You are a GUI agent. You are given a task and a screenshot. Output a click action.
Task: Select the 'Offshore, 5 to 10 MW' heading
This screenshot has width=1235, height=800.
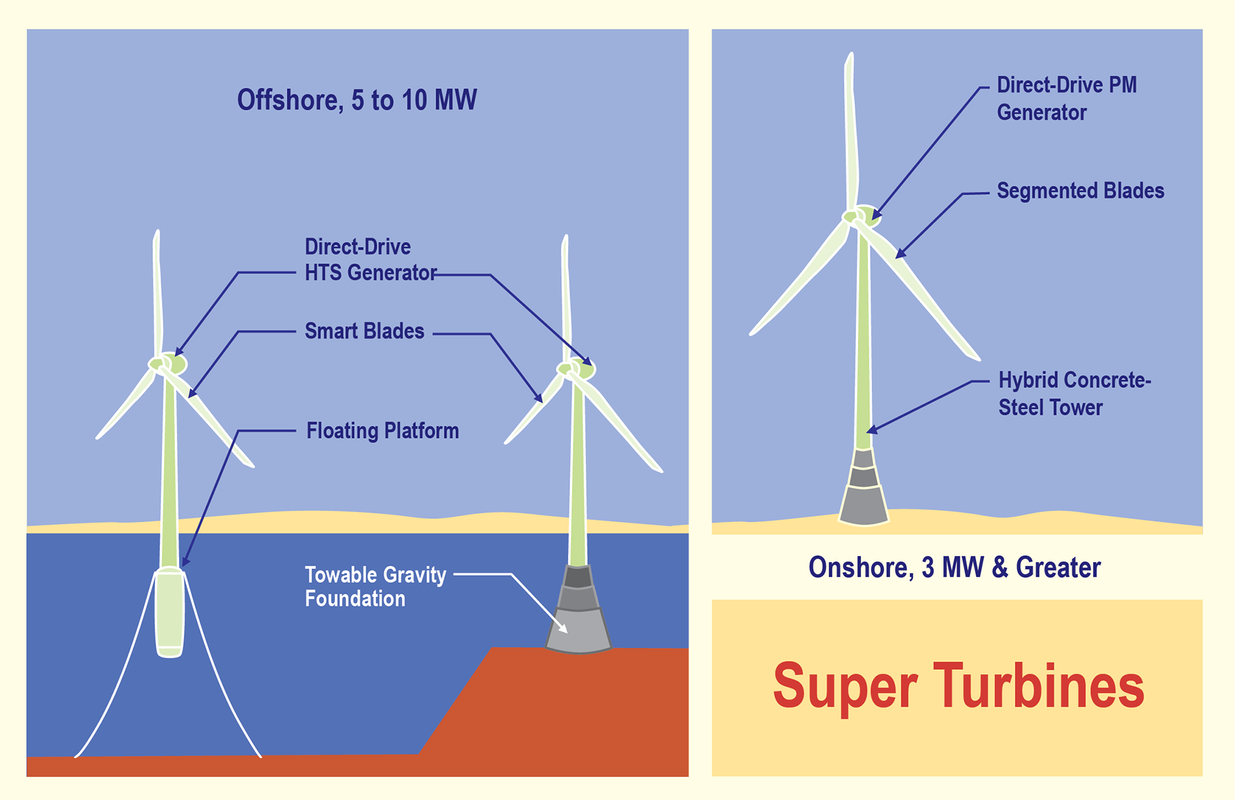pyautogui.click(x=357, y=100)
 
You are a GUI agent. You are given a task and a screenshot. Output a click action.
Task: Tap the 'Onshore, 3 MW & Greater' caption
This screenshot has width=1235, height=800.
pyautogui.click(x=954, y=568)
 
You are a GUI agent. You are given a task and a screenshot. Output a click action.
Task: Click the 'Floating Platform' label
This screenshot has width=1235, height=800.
pyautogui.click(x=382, y=431)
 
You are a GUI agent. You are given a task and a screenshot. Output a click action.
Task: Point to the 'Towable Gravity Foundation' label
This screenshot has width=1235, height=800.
pyautogui.click(x=375, y=587)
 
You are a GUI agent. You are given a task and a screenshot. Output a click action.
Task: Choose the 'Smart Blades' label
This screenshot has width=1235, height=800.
pyautogui.click(x=364, y=331)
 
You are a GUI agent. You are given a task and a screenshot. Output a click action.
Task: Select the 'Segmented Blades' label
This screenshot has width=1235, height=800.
pyautogui.click(x=1080, y=191)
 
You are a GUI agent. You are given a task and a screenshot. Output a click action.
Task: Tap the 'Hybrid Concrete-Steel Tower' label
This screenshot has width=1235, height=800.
pyautogui.click(x=1074, y=394)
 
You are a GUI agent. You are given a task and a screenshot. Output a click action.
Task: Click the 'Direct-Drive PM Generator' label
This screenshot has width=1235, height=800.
pyautogui.click(x=1066, y=99)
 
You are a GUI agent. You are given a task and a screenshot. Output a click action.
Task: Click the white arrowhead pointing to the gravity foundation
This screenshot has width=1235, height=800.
pyautogui.click(x=563, y=628)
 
